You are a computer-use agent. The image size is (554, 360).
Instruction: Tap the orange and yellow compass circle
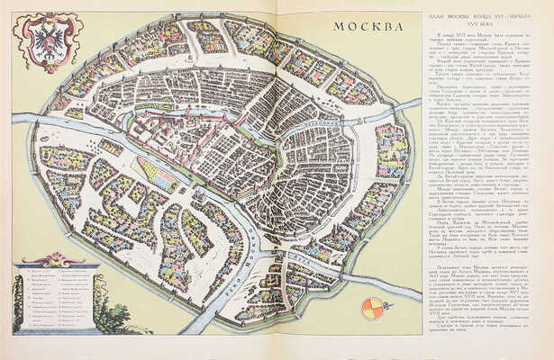(x=371, y=308)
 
